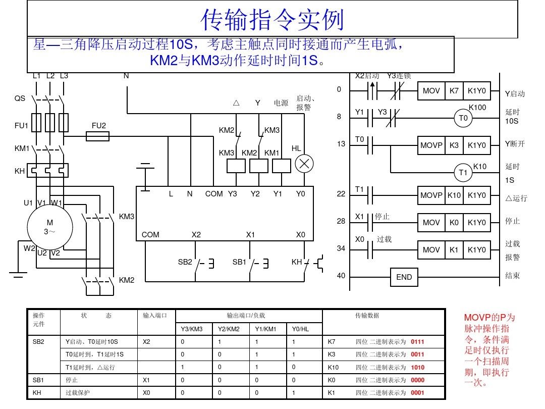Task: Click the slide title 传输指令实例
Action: pyautogui.click(x=272, y=21)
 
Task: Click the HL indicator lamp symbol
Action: pyautogui.click(x=304, y=164)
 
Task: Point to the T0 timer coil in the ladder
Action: pyautogui.click(x=463, y=118)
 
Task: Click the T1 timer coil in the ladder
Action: pyautogui.click(x=463, y=173)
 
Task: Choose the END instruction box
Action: pyautogui.click(x=404, y=277)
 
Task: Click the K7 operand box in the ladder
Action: pyautogui.click(x=454, y=91)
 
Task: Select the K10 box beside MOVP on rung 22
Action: pyautogui.click(x=454, y=195)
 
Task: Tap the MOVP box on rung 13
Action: pyautogui.click(x=431, y=145)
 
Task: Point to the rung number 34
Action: pyautogui.click(x=342, y=248)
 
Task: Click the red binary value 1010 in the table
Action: pyautogui.click(x=417, y=367)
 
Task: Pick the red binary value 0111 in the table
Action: pyautogui.click(x=417, y=342)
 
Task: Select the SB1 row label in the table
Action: pyautogui.click(x=38, y=380)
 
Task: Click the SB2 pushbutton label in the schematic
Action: pyautogui.click(x=185, y=262)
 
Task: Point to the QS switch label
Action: pyautogui.click(x=20, y=99)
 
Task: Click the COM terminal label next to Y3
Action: pyautogui.click(x=214, y=193)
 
